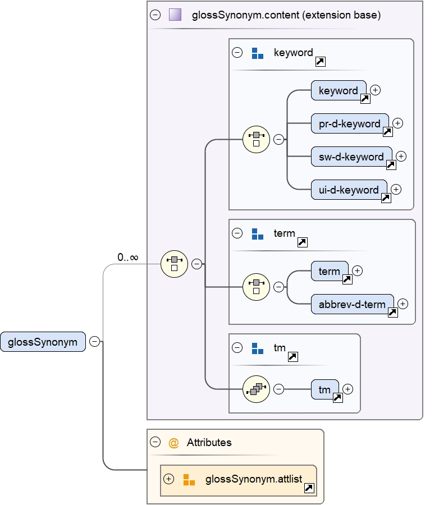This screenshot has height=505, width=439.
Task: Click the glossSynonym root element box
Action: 43,342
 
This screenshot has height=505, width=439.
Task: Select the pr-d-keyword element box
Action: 349,123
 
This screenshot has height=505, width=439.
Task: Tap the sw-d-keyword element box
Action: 351,157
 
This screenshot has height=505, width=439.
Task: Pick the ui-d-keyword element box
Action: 349,190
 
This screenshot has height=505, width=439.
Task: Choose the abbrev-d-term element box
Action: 352,305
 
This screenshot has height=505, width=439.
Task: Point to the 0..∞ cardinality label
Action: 128,258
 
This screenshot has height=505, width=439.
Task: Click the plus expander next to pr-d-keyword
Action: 398,123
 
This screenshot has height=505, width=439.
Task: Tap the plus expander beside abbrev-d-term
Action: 403,304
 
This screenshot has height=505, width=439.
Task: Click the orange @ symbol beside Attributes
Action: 173,443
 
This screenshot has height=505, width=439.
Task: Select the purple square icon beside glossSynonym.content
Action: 175,15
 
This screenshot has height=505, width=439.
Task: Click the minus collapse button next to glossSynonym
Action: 95,342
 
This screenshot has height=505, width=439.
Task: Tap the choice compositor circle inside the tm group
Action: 256,389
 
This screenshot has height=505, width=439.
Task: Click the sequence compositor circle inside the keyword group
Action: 256,139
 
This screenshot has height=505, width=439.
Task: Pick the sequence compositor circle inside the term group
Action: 256,287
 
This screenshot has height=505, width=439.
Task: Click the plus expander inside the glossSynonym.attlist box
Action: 168,479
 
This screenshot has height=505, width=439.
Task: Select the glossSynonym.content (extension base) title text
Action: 286,15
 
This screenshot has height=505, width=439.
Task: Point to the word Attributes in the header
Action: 209,443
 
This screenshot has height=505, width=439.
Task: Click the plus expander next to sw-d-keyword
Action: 401,156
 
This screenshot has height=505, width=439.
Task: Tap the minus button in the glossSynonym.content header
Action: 156,15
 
